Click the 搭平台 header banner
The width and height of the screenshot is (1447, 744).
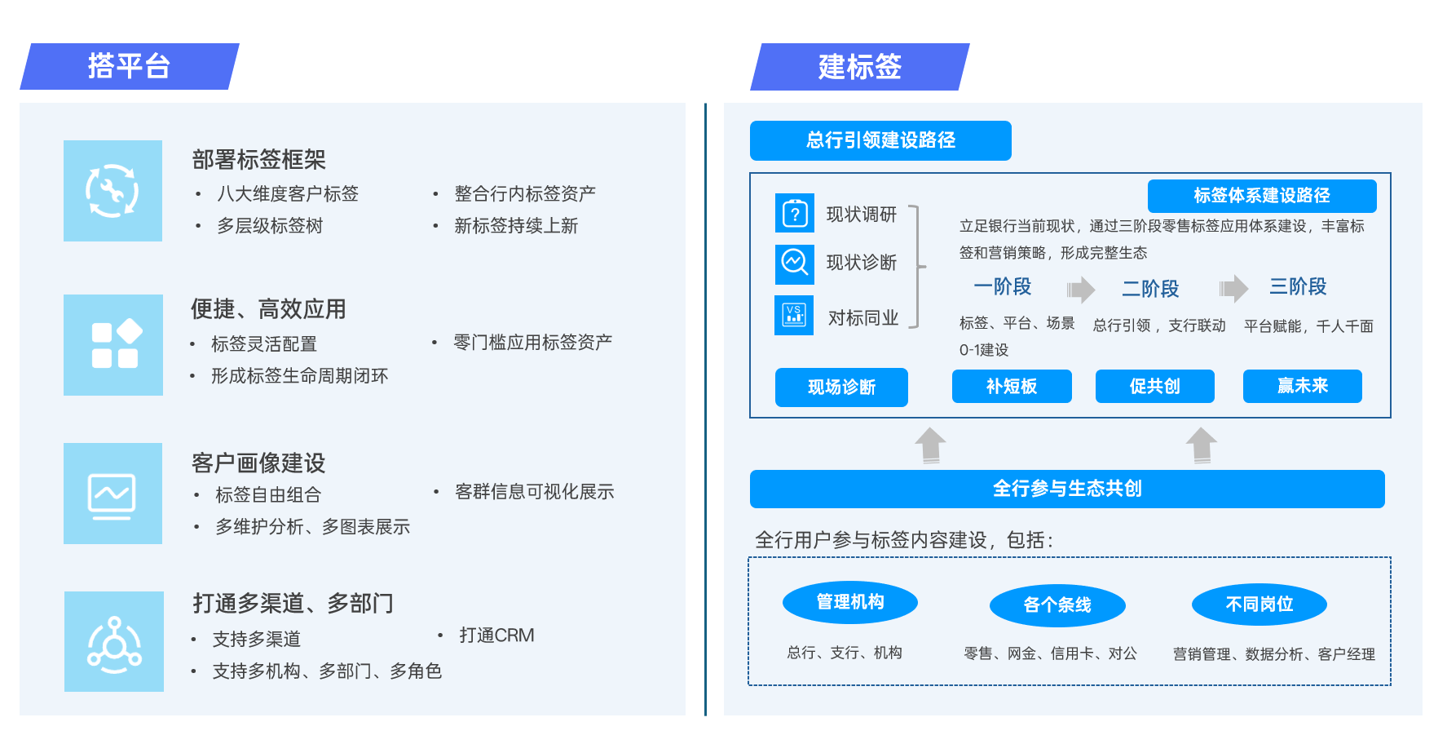tap(129, 66)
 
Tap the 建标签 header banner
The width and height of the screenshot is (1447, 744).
tap(859, 67)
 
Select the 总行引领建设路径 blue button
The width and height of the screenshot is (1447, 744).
tap(880, 140)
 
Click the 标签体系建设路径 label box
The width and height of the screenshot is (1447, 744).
tap(1261, 196)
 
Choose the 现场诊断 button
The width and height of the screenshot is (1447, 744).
tap(841, 387)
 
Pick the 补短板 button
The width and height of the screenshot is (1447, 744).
tap(1012, 387)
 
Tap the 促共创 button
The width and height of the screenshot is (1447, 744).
tap(1154, 387)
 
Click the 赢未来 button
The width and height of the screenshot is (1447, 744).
tap(1302, 386)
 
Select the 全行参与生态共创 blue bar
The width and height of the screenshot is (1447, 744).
tap(1066, 489)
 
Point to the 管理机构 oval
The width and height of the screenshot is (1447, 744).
tap(849, 603)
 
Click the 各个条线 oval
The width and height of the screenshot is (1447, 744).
tap(1057, 605)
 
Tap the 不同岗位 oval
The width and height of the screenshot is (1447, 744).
tap(1259, 604)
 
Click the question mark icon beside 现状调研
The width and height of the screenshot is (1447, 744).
tap(795, 214)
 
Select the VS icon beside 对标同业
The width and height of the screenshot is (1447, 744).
tap(794, 315)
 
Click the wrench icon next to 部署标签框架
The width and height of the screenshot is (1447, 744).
tap(112, 191)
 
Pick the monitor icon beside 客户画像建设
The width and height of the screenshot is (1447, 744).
tap(112, 494)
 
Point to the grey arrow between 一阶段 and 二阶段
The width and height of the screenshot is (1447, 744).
tap(1081, 290)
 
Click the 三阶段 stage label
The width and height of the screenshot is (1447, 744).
tap(1298, 287)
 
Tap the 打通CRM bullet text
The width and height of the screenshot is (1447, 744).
tap(496, 635)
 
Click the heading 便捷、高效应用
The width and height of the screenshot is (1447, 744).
tap(268, 309)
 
